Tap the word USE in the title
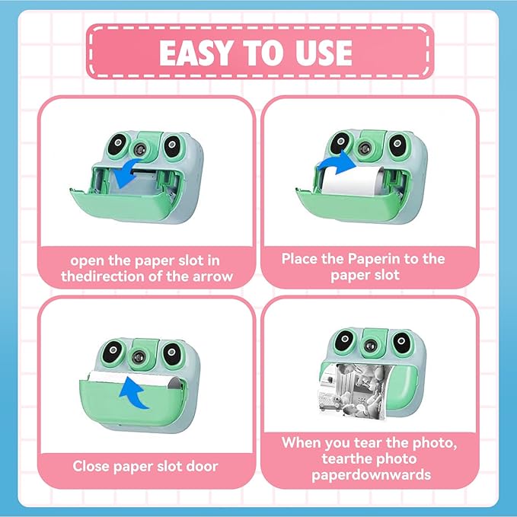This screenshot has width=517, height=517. coord(324,53)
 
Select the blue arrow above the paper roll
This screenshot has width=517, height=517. coord(337,162)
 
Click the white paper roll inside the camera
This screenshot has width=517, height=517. coord(352,180)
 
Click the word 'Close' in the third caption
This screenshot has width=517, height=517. coord(91,466)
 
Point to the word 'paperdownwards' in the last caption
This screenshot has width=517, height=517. coord(372,475)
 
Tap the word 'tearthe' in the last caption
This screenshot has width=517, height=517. coord(346,458)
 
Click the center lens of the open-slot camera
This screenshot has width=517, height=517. coord(140,150)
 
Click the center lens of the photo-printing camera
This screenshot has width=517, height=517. coord(370,346)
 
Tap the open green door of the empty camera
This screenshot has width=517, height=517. coord(121,204)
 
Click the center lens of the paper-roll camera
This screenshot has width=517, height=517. coord(365,148)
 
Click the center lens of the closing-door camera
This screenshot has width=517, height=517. coord(138,356)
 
